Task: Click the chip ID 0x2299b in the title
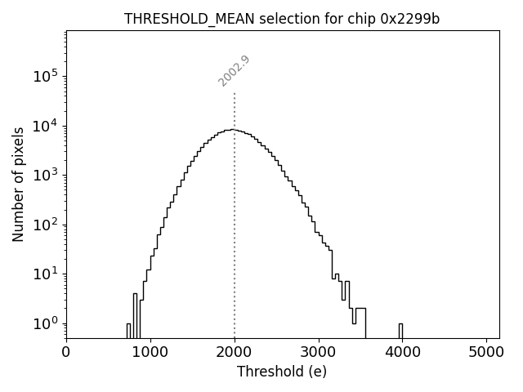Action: point(410,19)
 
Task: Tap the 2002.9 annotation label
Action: point(234,71)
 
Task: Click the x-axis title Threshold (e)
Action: point(282,372)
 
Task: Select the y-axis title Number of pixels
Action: point(18,184)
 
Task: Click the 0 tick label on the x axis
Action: point(66,353)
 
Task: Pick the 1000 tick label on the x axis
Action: point(150,353)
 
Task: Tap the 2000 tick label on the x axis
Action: point(235,353)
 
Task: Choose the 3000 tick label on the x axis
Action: point(319,353)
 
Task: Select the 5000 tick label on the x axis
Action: point(487,353)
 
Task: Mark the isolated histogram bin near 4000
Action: point(400,330)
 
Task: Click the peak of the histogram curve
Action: point(233,129)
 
